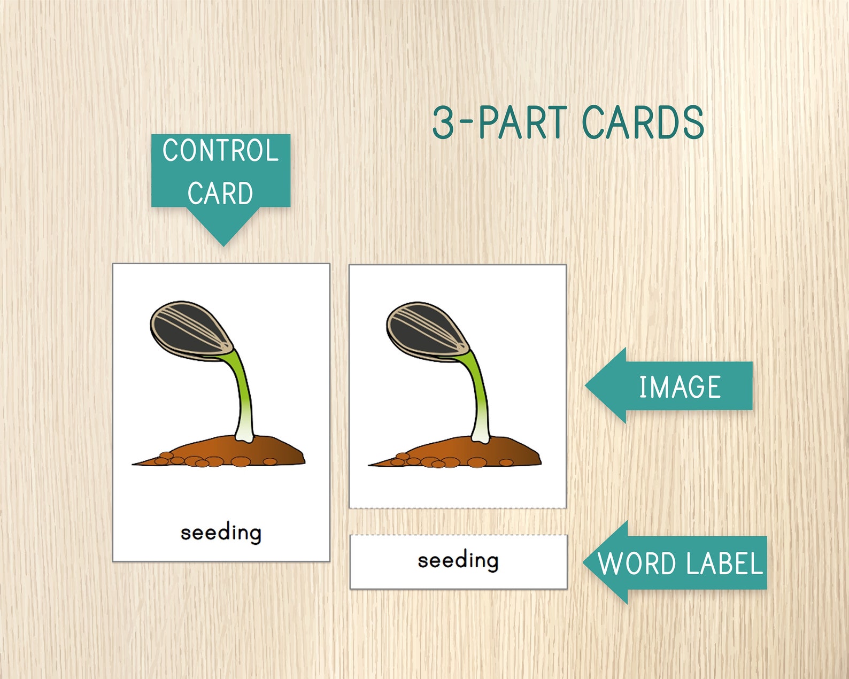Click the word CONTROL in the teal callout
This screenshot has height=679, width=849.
click(220, 151)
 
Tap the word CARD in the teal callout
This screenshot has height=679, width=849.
click(220, 193)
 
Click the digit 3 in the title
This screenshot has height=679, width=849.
click(443, 122)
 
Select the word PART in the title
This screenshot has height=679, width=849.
click(522, 122)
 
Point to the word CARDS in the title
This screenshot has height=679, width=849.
click(643, 122)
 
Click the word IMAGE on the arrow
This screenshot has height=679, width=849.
click(680, 387)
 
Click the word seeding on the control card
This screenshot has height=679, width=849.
click(221, 533)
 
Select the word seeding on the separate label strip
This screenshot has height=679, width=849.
click(458, 560)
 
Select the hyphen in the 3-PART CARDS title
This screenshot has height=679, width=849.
click(466, 122)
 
